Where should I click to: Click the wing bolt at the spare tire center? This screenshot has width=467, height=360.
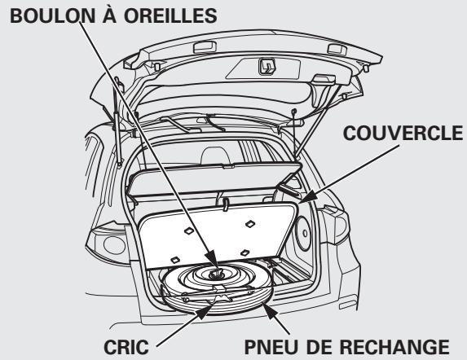coord(217,275)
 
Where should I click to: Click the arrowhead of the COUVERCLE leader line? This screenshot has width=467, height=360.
coord(302,200)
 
